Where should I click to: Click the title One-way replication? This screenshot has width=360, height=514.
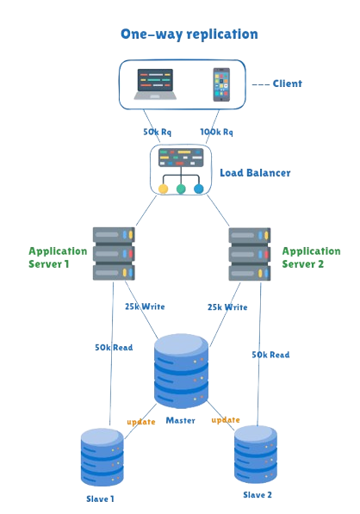(188, 34)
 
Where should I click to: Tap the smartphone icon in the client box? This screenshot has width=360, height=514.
(222, 85)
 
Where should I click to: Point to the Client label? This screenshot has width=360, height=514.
(287, 84)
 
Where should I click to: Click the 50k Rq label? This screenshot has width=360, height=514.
(157, 133)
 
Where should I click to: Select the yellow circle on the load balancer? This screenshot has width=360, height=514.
(163, 189)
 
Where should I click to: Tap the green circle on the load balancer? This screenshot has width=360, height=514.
(181, 189)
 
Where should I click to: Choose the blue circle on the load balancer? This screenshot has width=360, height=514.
(199, 189)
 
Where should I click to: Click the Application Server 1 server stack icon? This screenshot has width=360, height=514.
(114, 253)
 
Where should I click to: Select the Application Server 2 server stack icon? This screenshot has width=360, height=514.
(251, 253)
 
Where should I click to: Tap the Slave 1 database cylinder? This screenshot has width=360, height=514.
(102, 459)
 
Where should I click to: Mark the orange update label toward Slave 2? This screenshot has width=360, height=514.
(225, 420)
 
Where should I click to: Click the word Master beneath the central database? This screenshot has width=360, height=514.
(181, 421)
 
